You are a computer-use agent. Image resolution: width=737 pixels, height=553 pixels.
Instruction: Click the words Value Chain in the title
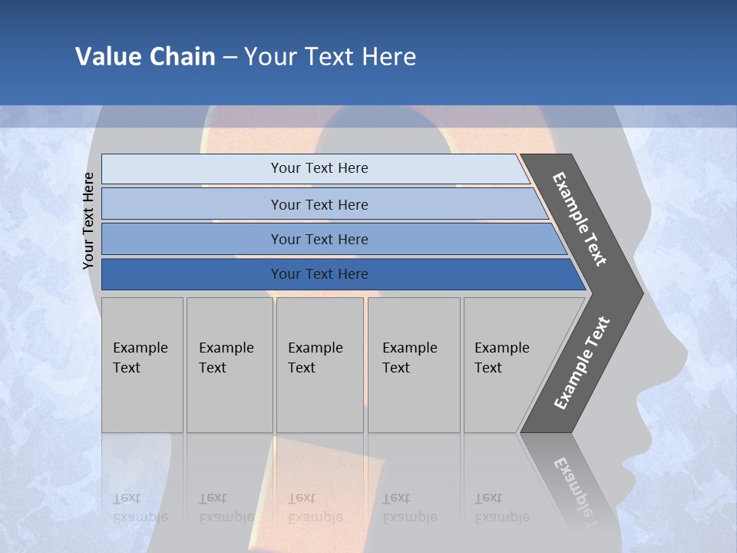pyautogui.click(x=145, y=56)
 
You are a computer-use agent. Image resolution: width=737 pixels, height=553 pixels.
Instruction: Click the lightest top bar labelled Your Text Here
pyautogui.click(x=319, y=168)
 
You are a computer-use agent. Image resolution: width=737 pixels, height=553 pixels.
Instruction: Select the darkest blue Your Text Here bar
pyautogui.click(x=319, y=274)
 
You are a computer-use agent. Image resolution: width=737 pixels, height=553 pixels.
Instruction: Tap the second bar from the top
pyautogui.click(x=319, y=204)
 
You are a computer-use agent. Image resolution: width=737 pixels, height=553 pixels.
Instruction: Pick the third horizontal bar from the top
pyautogui.click(x=319, y=239)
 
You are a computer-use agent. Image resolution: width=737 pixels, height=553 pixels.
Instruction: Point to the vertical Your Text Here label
pyautogui.click(x=88, y=220)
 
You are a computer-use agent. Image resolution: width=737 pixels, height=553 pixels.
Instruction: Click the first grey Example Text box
pyautogui.click(x=142, y=365)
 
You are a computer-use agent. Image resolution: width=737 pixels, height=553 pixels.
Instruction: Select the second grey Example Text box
pyautogui.click(x=230, y=365)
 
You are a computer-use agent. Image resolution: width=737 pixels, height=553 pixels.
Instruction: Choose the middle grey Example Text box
pyautogui.click(x=319, y=365)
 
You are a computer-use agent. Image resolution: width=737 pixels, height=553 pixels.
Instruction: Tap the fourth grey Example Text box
pyautogui.click(x=414, y=365)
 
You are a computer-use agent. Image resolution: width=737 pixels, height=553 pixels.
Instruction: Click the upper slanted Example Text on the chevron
pyautogui.click(x=580, y=219)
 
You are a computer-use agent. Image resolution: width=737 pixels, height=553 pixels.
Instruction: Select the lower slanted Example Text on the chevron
pyautogui.click(x=581, y=363)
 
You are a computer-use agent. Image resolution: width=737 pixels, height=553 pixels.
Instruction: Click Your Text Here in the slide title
pyautogui.click(x=330, y=56)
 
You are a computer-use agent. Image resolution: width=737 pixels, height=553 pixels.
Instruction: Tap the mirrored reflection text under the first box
pyautogui.click(x=140, y=508)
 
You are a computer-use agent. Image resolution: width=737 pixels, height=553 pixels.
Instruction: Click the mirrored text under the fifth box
pyautogui.click(x=501, y=508)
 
